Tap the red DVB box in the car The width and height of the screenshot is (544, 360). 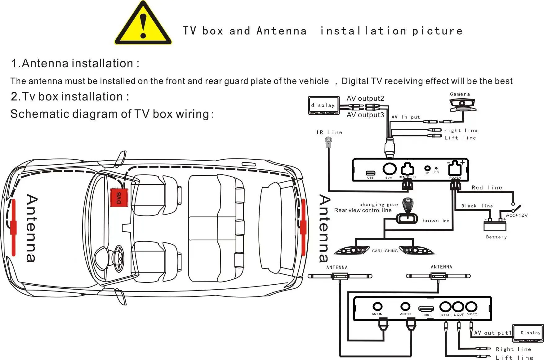tap(119, 198)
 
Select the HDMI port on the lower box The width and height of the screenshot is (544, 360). tap(426, 309)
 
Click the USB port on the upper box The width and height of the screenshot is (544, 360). tap(370, 173)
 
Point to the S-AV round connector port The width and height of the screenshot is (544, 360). tap(390, 169)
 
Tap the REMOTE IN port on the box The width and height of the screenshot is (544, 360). tap(407, 169)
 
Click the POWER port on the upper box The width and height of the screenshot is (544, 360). tap(455, 169)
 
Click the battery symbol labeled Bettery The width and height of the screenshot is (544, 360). tap(495, 225)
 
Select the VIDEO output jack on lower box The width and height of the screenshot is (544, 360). tap(471, 307)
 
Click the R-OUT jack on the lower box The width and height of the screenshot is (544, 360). tap(445, 307)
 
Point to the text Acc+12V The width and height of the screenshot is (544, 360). tap(516, 215)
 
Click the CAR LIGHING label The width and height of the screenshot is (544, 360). tap(385, 251)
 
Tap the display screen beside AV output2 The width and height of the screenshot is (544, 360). tap(323, 105)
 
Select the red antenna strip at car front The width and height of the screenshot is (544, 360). tap(13, 227)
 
